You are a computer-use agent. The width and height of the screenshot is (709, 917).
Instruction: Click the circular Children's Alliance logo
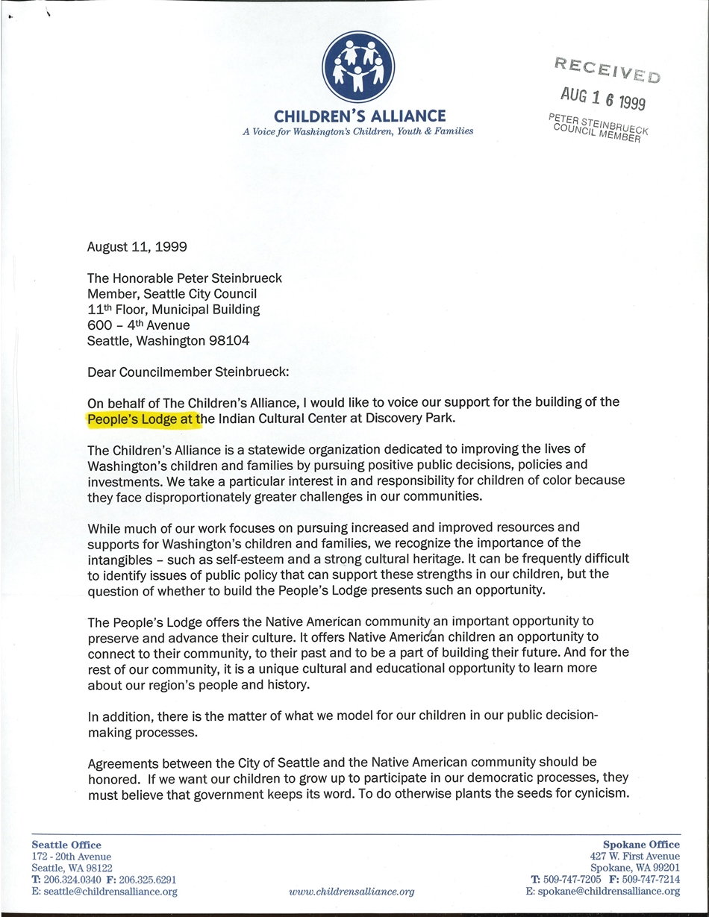[x=358, y=66]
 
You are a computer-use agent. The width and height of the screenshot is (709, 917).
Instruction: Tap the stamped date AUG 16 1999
[x=603, y=97]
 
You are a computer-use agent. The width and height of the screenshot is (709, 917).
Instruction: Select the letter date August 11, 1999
[x=137, y=247]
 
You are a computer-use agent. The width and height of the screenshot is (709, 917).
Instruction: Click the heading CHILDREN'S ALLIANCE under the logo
[x=360, y=116]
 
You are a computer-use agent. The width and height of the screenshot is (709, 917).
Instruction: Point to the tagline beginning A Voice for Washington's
[x=357, y=131]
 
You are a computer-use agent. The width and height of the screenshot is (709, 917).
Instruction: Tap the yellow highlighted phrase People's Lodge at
[x=144, y=419]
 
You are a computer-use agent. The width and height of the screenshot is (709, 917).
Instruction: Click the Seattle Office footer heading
[x=66, y=845]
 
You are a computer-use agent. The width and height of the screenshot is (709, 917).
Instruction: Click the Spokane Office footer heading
[x=642, y=845]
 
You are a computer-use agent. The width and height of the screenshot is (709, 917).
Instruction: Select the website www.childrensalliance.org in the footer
[x=351, y=892]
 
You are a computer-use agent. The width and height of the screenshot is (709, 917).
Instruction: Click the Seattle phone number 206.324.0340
[x=71, y=880]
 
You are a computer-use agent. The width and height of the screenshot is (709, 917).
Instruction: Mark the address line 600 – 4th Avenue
[x=139, y=325]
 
